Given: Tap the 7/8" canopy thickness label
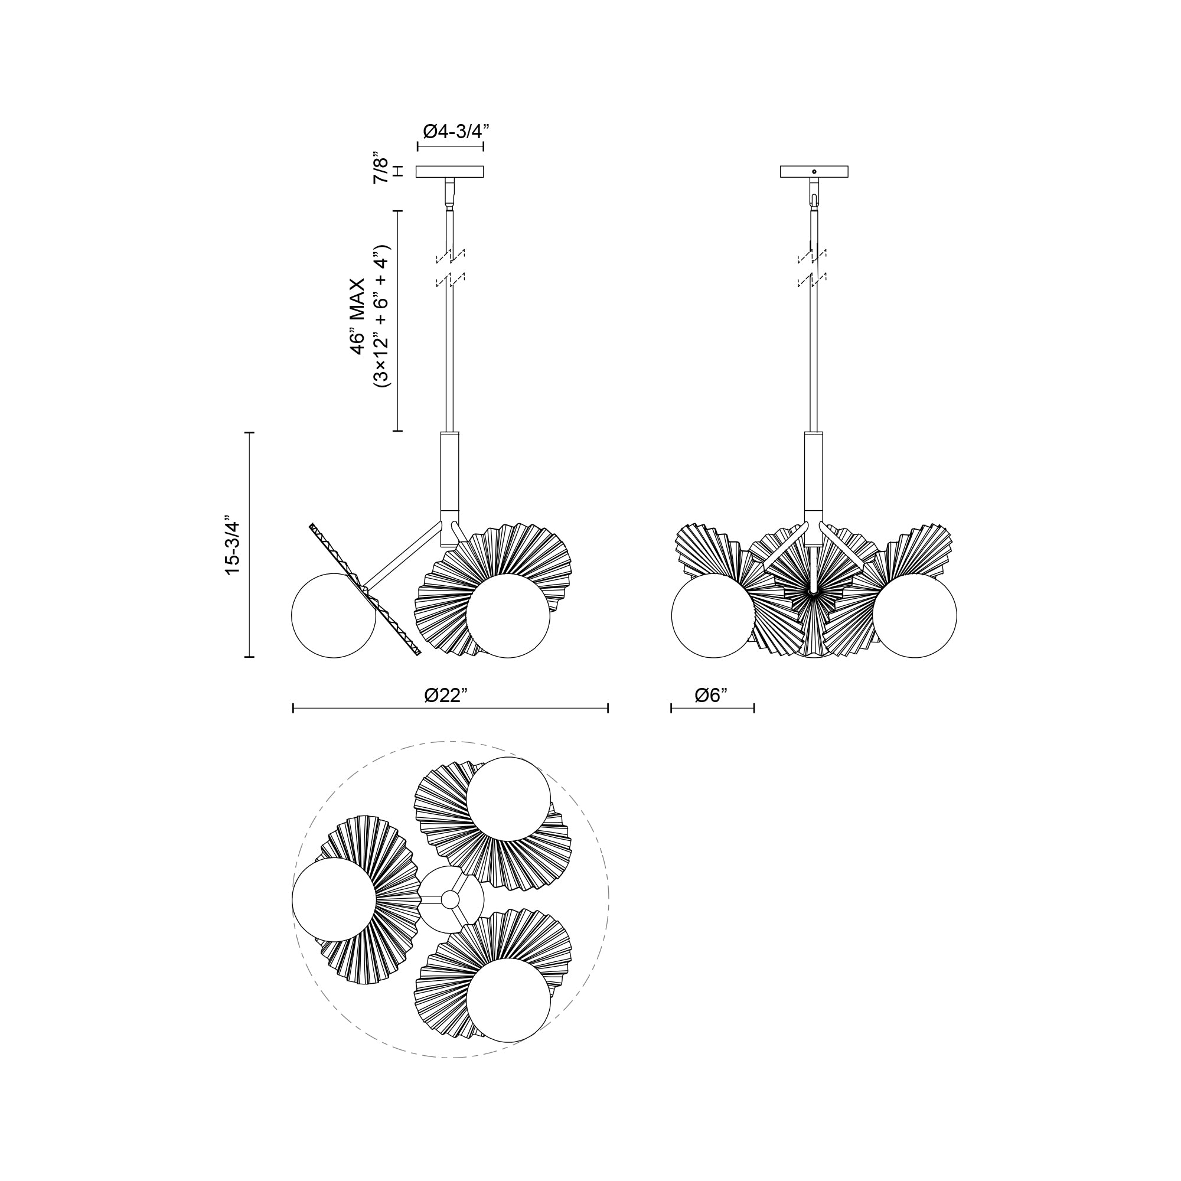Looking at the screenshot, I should [381, 171].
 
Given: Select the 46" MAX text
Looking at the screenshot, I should [358, 316].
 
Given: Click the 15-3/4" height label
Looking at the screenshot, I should [232, 544].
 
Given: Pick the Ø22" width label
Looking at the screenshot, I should [446, 695].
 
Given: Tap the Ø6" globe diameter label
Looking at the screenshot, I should [712, 695].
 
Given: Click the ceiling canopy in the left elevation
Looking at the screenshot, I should [449, 172].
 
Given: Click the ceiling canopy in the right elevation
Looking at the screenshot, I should [814, 172].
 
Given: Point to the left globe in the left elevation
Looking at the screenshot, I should [333, 615].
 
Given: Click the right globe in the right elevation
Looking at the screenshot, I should [915, 615].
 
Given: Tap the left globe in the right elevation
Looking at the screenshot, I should [713, 615].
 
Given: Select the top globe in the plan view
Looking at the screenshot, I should [508, 799].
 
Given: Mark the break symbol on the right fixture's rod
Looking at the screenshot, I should [813, 267].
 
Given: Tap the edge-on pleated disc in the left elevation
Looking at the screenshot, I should [366, 589].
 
